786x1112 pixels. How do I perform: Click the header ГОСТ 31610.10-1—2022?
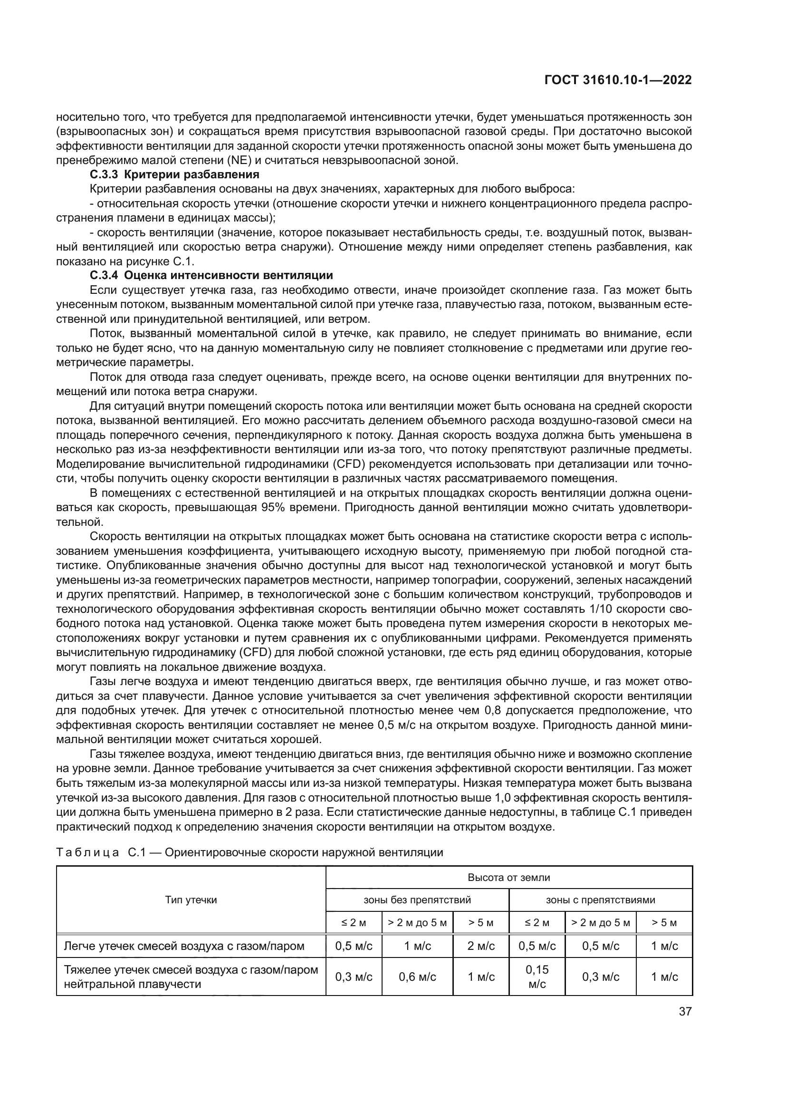[x=618, y=80]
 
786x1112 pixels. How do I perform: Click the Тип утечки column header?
[x=191, y=899]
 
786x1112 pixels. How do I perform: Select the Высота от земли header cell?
[x=508, y=877]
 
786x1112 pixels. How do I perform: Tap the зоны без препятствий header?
[x=417, y=900]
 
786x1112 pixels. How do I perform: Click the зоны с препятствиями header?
[x=600, y=900]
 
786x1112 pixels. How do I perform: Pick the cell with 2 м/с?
[x=480, y=946]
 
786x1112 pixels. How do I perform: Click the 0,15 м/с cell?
[x=537, y=977]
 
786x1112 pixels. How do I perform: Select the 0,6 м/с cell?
[x=417, y=977]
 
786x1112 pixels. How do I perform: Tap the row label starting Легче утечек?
[x=184, y=946]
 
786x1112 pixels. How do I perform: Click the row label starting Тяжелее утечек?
[x=191, y=977]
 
